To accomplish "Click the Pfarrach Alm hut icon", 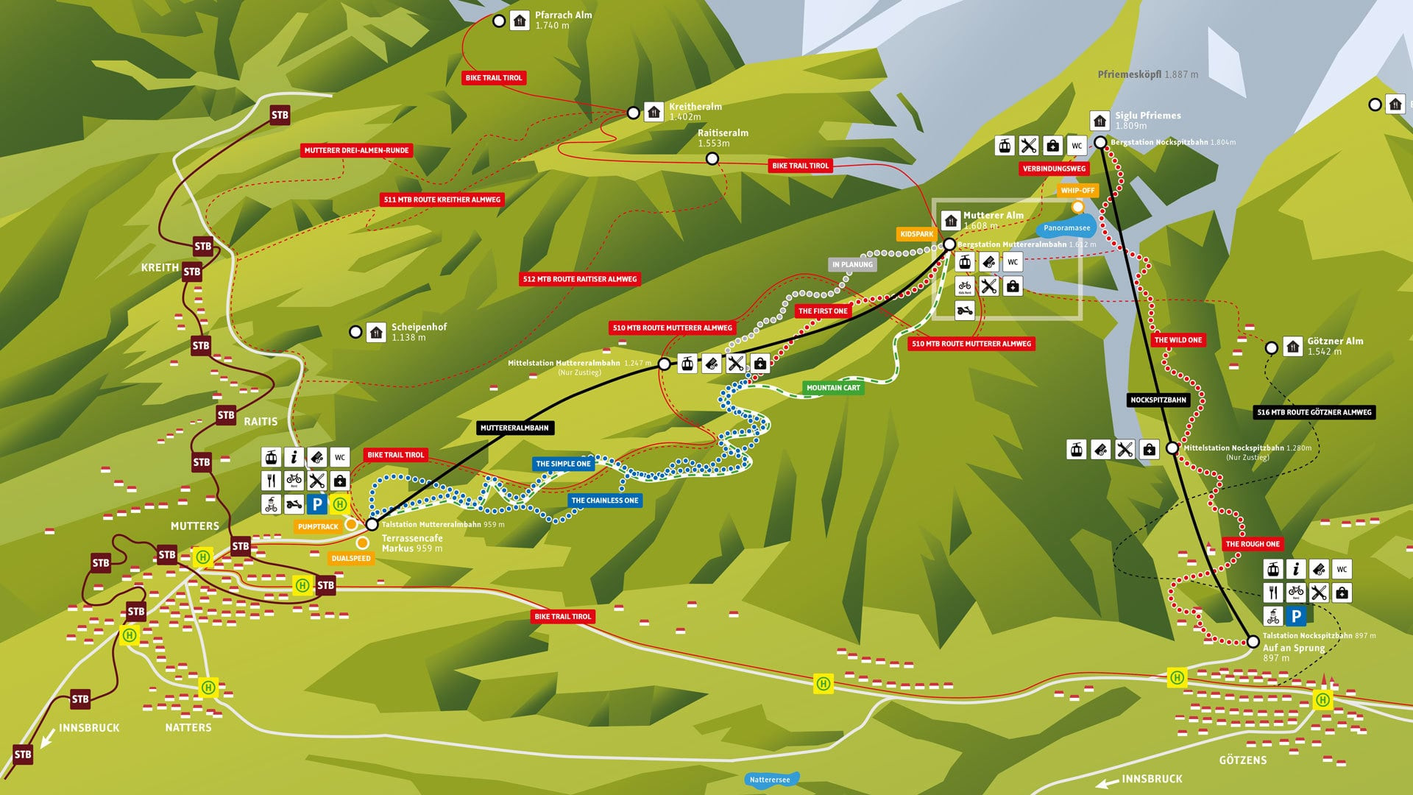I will pos(520,21).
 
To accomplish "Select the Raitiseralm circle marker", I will pos(712,159).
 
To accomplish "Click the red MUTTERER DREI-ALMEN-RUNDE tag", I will pos(356,150).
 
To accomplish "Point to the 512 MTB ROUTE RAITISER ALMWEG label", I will pos(580,279).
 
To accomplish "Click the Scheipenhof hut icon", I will pos(376,332).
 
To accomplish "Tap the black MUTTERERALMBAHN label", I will pos(514,428).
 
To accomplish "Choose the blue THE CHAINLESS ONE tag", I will pos(605,501).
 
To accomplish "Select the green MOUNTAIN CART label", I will pos(832,388).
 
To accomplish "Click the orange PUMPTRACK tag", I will pos(318,526).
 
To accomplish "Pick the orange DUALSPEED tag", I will pos(351,559).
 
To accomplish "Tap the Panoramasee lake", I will pos(1066,227).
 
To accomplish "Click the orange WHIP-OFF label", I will pos(1077,191).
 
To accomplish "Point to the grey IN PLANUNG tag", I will pos(852,264).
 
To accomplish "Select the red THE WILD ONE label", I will pos(1177,340).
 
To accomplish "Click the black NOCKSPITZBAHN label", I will pos(1158,400).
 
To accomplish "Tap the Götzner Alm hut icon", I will pos(1293,346).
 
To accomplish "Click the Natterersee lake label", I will pos(770,780).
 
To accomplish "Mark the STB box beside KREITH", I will pos(192,272).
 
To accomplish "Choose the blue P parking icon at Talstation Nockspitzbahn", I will pos(1296,616).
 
